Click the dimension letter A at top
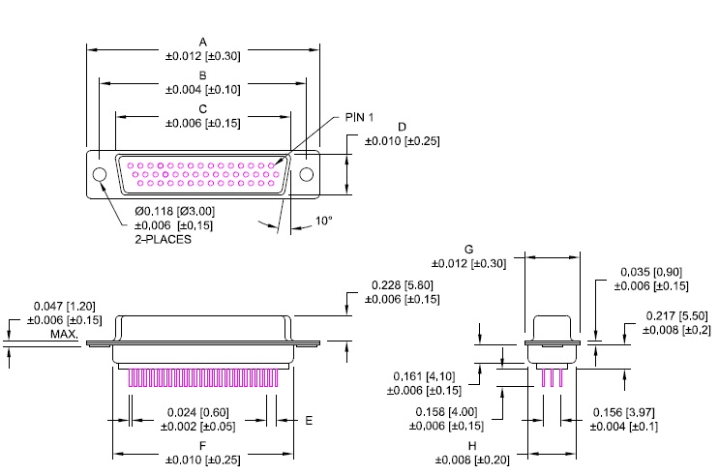tap(202, 43)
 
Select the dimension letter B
tap(202, 75)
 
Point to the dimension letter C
tap(202, 109)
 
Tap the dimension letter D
tap(403, 127)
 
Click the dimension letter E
tap(309, 421)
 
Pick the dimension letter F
tap(202, 445)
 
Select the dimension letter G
tap(468, 250)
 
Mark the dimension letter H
tap(472, 446)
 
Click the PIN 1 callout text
tap(360, 117)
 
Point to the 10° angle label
tap(323, 221)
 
